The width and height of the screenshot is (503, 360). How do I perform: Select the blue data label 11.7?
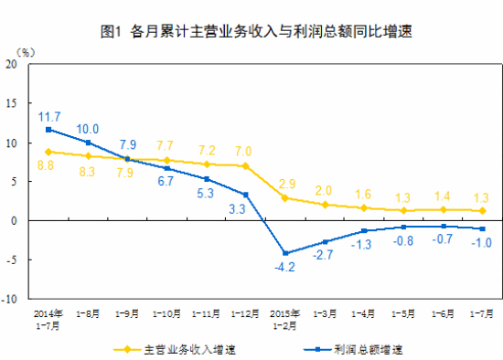pos(49,116)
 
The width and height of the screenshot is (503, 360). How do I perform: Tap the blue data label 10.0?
pos(89,129)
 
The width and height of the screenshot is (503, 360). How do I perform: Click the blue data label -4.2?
pos(286,267)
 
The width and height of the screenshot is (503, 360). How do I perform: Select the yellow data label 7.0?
pos(243,151)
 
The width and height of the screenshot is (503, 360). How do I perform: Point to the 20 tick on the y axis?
pos(13,65)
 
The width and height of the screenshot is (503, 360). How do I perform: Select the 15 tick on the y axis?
pos(13,104)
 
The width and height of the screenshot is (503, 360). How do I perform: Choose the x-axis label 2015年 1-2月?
pos(285,320)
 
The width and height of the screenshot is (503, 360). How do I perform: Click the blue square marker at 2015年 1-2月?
pos(285,253)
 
